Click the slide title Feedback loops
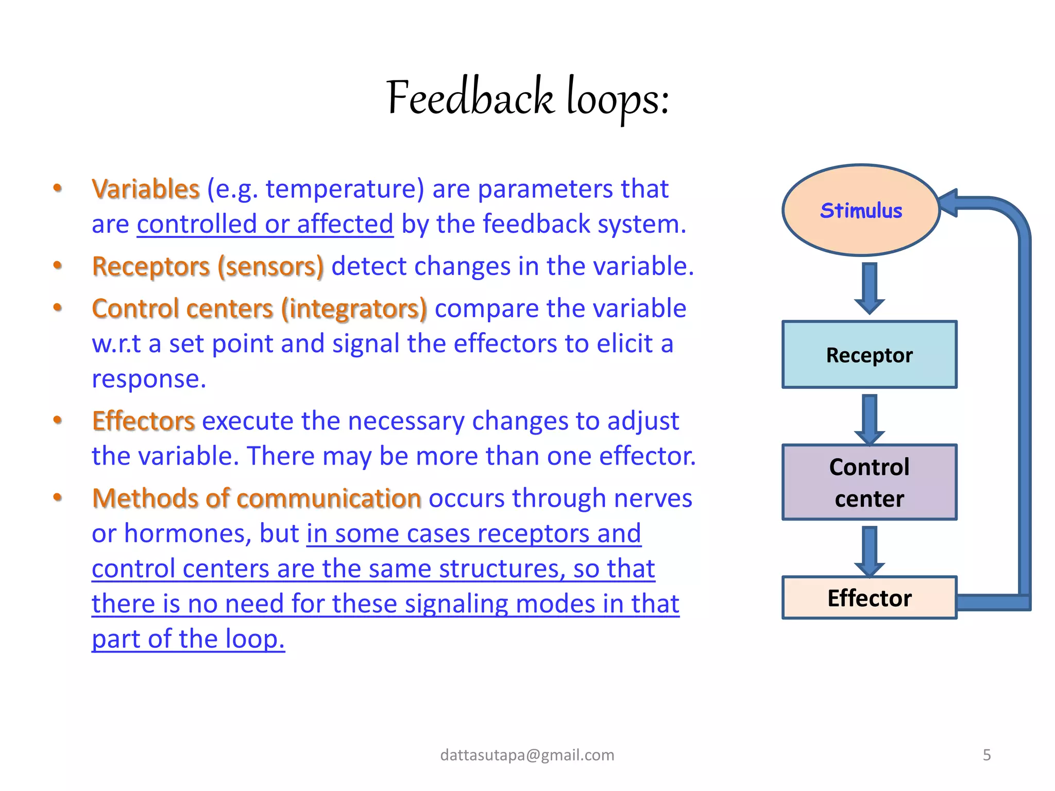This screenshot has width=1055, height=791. [527, 98]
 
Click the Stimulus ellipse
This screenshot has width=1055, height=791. [861, 210]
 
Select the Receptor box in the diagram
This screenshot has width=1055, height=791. [869, 355]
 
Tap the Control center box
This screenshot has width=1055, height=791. [869, 482]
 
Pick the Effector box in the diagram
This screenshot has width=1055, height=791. [869, 598]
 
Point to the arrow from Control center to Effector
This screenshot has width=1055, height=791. [870, 550]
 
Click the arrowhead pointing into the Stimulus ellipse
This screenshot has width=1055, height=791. [949, 202]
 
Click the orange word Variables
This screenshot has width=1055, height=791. [146, 188]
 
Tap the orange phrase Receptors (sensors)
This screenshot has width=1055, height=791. [208, 266]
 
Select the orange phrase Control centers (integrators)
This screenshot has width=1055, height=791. [259, 308]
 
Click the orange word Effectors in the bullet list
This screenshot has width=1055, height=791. [143, 421]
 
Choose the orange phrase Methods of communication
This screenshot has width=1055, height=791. [257, 498]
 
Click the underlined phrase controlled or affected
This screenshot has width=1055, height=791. [265, 224]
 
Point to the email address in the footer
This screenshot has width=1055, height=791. [527, 755]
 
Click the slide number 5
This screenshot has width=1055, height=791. [986, 755]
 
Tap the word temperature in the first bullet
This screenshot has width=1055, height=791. [345, 188]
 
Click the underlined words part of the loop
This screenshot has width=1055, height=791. [188, 639]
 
